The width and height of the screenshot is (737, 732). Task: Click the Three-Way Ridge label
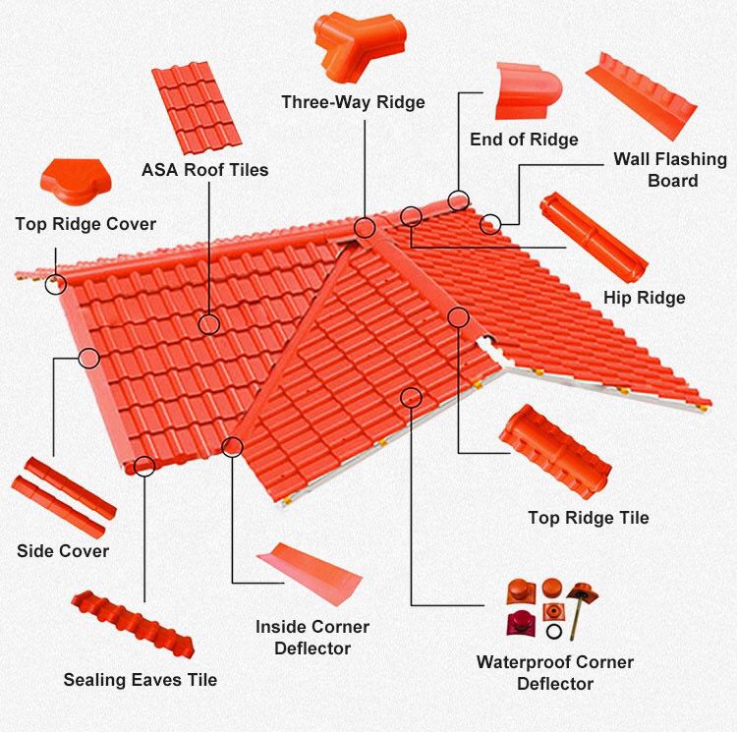click(x=353, y=102)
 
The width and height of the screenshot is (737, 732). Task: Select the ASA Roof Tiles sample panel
click(x=197, y=108)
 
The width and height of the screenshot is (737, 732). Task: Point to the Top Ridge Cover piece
click(x=71, y=182)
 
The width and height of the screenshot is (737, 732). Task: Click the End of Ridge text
click(x=524, y=139)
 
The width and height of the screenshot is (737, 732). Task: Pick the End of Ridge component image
click(x=528, y=90)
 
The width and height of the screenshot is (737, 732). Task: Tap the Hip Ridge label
click(x=644, y=298)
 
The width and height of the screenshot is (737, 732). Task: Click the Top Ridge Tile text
click(x=588, y=518)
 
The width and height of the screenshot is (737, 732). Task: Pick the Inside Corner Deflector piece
click(x=308, y=575)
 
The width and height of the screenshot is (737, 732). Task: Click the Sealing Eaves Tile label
click(x=141, y=679)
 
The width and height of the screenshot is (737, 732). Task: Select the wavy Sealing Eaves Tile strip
click(x=131, y=625)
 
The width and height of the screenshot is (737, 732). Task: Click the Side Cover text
click(x=63, y=550)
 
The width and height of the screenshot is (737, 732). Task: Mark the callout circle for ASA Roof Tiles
click(x=208, y=323)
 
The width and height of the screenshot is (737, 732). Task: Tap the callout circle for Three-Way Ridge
click(x=366, y=228)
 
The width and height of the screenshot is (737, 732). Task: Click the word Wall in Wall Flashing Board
click(x=634, y=159)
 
